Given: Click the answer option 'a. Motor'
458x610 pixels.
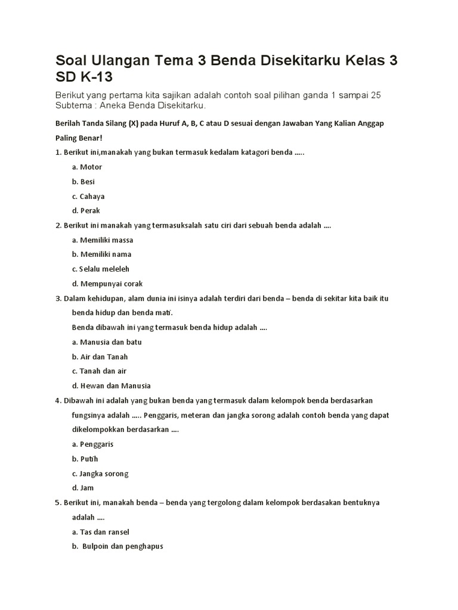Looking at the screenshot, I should click(x=87, y=167).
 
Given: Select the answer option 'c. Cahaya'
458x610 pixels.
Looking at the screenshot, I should click(x=88, y=196).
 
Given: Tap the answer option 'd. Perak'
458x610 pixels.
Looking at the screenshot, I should click(x=86, y=210).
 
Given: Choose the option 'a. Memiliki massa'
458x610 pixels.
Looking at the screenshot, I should click(x=103, y=240).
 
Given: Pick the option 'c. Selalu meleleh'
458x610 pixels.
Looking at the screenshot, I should click(x=101, y=269).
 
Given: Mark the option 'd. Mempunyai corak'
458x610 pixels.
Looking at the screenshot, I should click(x=107, y=284).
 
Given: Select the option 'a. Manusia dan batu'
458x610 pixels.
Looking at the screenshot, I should click(x=107, y=343).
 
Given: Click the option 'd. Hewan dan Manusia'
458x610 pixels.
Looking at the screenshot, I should click(x=112, y=386).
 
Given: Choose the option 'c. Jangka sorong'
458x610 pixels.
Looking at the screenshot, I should click(x=100, y=474).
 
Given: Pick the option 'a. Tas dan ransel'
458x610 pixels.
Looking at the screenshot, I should click(x=101, y=532).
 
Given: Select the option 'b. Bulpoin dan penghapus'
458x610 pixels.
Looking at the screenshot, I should click(x=118, y=546).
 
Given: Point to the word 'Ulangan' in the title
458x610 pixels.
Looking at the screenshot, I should click(x=116, y=61).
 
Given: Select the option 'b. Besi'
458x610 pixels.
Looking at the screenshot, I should click(x=83, y=182).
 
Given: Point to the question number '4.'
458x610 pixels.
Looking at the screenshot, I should click(x=58, y=401).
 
